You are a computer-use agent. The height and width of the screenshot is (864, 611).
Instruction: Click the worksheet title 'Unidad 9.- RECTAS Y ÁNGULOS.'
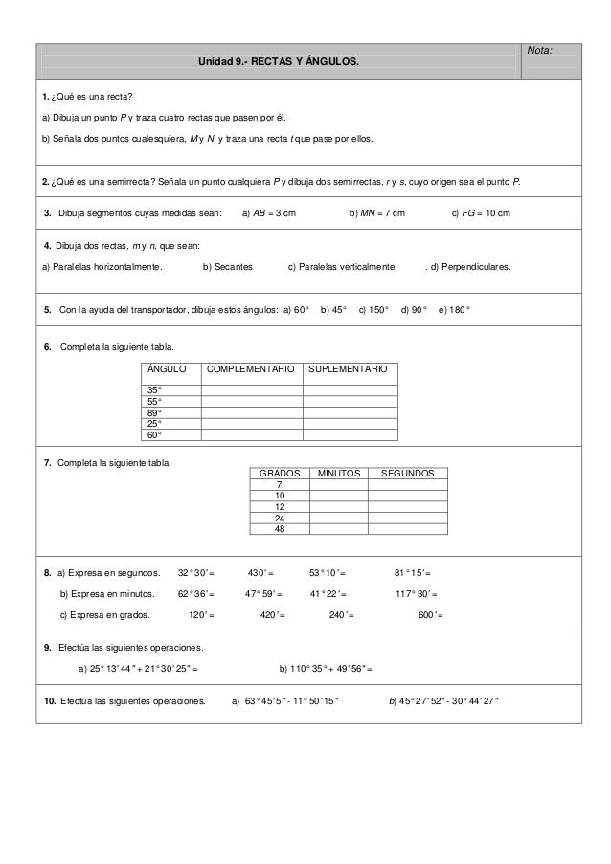pyautogui.click(x=279, y=62)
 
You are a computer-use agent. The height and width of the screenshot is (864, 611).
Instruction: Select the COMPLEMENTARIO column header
pyautogui.click(x=251, y=368)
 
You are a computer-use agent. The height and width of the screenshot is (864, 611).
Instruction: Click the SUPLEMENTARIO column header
pyautogui.click(x=349, y=368)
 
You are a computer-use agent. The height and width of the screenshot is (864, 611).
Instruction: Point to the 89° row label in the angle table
pyautogui.click(x=153, y=412)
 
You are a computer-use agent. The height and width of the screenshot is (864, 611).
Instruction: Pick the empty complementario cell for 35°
pyautogui.click(x=251, y=390)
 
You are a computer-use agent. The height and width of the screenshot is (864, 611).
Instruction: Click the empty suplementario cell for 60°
pyautogui.click(x=349, y=434)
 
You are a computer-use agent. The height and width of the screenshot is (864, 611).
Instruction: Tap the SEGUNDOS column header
pyautogui.click(x=408, y=474)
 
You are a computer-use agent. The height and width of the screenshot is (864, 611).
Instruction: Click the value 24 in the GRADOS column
pyautogui.click(x=279, y=518)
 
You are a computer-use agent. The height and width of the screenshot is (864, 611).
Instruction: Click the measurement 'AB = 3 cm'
pyautogui.click(x=269, y=212)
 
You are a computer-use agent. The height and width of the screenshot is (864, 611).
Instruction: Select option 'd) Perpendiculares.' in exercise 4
pyautogui.click(x=470, y=267)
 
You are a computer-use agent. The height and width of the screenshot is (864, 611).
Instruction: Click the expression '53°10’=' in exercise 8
pyautogui.click(x=327, y=573)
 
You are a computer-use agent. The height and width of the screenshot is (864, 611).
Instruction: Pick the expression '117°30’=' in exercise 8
pyautogui.click(x=417, y=594)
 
